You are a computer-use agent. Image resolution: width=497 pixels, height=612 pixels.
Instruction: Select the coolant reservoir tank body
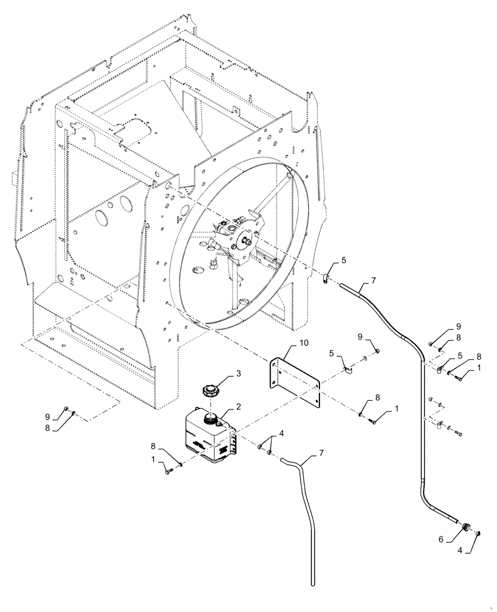(207, 435)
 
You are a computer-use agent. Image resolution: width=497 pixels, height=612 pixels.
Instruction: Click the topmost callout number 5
(343, 260)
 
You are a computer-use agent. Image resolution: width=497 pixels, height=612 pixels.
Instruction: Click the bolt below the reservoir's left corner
(168, 470)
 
